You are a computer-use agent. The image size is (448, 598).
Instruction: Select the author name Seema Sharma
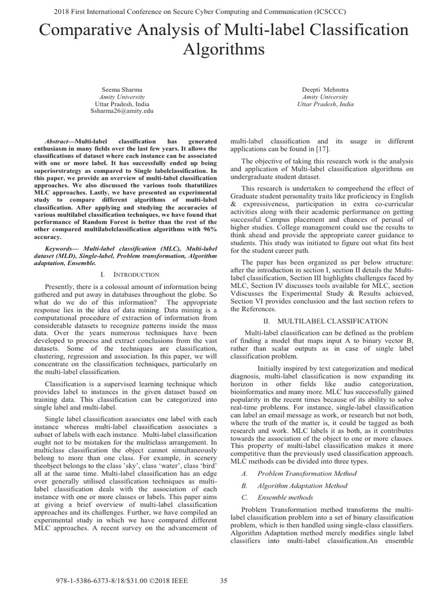122,89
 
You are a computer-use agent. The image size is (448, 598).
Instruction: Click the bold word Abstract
60,142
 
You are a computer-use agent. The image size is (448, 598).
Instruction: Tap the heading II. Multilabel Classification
323,321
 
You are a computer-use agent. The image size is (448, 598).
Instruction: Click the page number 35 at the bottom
223,580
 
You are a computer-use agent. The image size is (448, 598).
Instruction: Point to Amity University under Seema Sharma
122,96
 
